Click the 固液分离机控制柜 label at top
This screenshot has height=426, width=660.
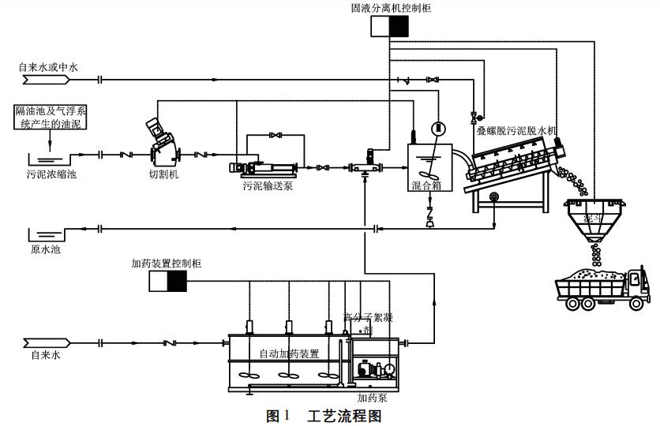click(390, 8)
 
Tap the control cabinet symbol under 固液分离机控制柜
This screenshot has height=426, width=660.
click(390, 27)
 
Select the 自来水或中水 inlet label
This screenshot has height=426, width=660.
click(48, 68)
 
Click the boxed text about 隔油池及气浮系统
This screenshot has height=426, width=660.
click(49, 117)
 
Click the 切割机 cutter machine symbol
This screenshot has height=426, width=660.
click(163, 141)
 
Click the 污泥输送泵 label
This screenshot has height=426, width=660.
click(267, 186)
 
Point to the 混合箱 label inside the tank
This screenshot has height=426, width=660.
click(426, 186)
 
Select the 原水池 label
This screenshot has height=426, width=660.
click(45, 249)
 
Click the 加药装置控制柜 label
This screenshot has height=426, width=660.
click(166, 263)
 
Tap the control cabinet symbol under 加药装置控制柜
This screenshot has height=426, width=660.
click(167, 282)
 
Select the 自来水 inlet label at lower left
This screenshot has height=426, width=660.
click(45, 356)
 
